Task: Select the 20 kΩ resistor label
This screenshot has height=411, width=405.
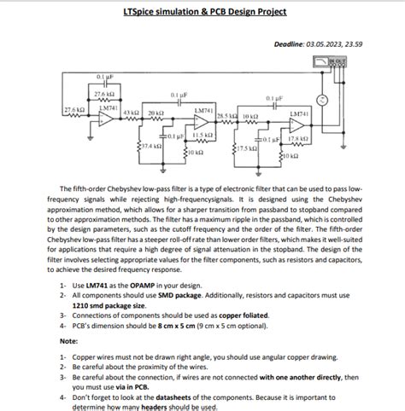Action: coord(155,113)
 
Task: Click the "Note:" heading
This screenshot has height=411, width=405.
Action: coord(69,340)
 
